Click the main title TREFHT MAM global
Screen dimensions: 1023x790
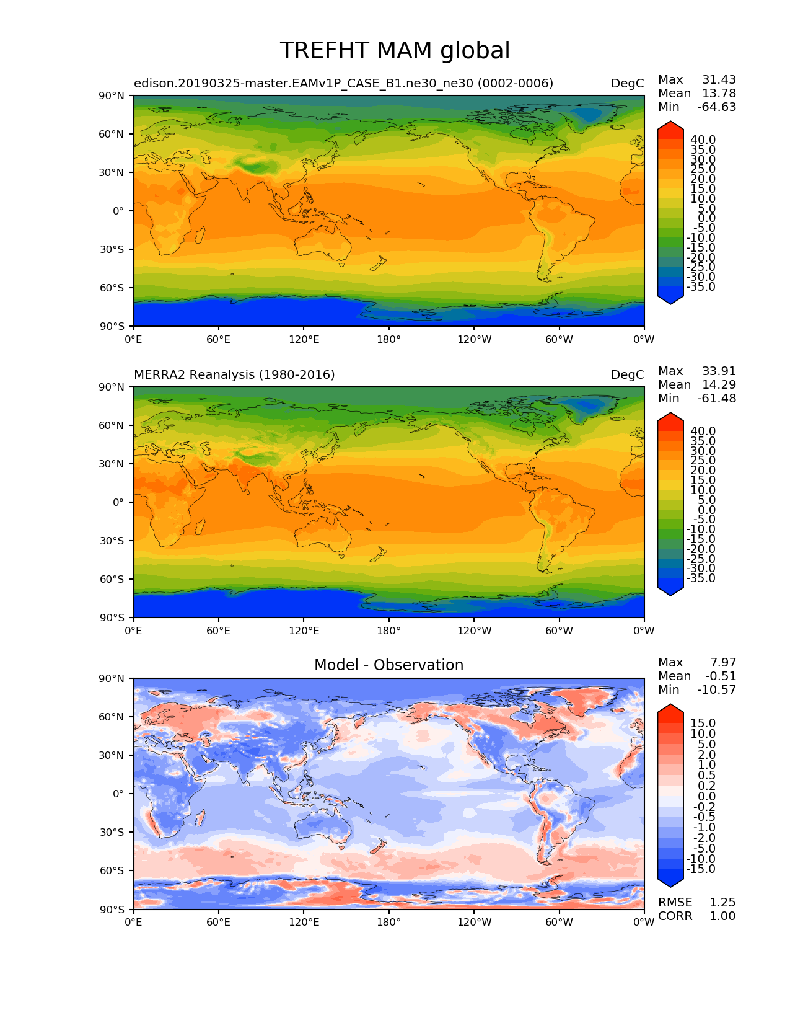point(395,51)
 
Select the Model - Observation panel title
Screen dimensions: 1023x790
point(388,665)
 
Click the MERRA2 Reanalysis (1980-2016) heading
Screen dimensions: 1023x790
point(234,374)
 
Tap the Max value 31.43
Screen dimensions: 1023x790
point(719,79)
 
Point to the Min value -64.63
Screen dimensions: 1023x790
point(716,107)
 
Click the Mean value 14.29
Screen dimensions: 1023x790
point(719,384)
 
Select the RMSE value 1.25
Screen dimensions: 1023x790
point(722,902)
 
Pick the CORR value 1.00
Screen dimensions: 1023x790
point(722,916)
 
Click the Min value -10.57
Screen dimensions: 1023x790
point(716,689)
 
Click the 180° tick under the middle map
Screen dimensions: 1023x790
point(389,631)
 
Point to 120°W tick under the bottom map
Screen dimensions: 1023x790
point(475,922)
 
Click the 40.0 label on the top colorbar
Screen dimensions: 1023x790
point(703,140)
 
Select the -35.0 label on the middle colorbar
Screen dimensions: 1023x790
point(701,578)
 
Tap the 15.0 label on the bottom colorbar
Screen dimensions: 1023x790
point(703,724)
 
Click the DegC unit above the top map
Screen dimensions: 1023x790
point(627,83)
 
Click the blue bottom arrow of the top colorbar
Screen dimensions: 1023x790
point(670,298)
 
